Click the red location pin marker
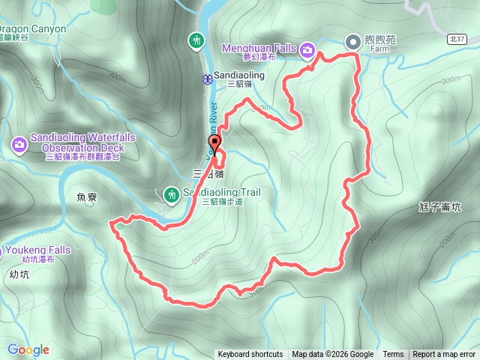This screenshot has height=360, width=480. pyautogui.click(x=215, y=145)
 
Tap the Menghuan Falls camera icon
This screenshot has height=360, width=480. pyautogui.click(x=307, y=50)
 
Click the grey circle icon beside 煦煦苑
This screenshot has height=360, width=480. pyautogui.click(x=352, y=42)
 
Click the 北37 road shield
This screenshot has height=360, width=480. pyautogui.click(x=460, y=38)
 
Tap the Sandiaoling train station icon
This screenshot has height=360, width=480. pyautogui.click(x=206, y=79)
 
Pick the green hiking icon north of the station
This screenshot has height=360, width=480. pyautogui.click(x=196, y=39)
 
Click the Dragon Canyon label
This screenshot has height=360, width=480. pyautogui.click(x=33, y=29)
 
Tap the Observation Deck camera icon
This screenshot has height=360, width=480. pyautogui.click(x=19, y=143)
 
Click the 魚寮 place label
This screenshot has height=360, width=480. pyautogui.click(x=88, y=197)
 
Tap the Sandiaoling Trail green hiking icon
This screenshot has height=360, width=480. pyautogui.click(x=172, y=195)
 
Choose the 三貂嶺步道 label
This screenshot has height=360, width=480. pyautogui.click(x=223, y=202)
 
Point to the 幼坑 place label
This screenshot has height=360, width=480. pyautogui.click(x=20, y=274)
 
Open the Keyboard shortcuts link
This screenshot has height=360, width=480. pyautogui.click(x=250, y=355)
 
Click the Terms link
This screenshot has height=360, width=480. pyautogui.click(x=393, y=355)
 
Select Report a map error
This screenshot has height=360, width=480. pyautogui.click(x=444, y=355)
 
